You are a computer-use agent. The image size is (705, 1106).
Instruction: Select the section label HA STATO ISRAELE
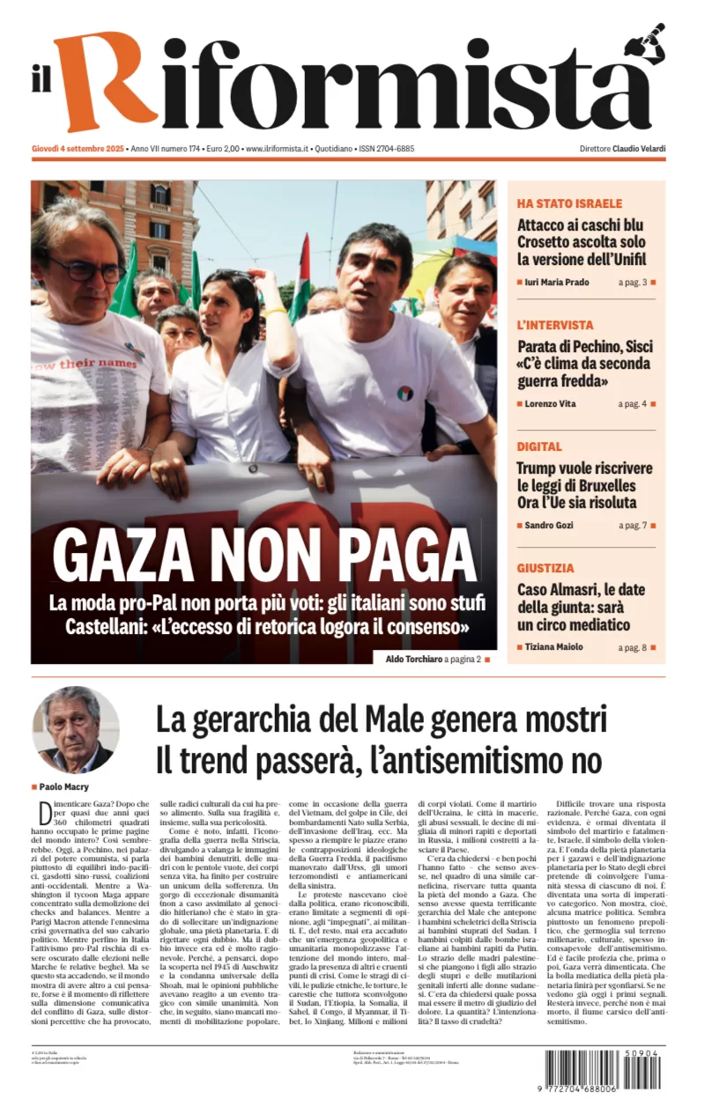[569, 203]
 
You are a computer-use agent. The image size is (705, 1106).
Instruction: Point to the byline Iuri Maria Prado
[558, 283]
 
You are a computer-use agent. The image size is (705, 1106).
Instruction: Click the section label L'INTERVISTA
[555, 325]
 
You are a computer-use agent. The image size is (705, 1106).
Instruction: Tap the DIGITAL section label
[539, 446]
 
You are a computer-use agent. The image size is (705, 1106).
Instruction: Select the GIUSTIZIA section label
[545, 568]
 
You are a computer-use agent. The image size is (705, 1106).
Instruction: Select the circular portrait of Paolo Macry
[75, 730]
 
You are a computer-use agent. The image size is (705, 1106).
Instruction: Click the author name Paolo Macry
[64, 786]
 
